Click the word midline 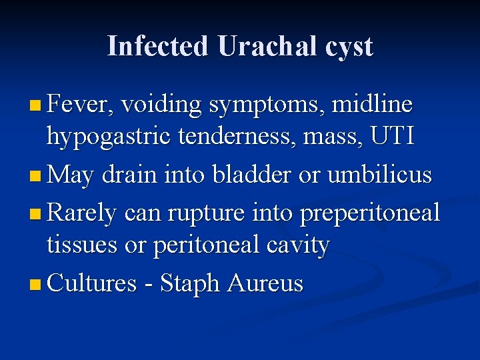point(372,104)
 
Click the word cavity point(298,246)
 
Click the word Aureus point(265,284)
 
